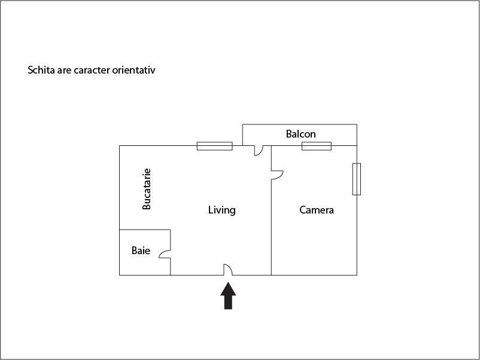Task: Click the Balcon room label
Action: click(300, 134)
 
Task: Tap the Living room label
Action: click(221, 210)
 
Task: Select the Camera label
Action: click(316, 210)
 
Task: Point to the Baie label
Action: click(141, 251)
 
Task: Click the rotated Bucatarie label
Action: click(147, 189)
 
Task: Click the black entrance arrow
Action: click(228, 296)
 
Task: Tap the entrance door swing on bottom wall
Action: click(228, 270)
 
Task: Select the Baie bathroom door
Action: click(165, 254)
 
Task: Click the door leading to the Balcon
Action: click(259, 151)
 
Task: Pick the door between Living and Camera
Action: click(277, 175)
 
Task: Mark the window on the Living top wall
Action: click(215, 146)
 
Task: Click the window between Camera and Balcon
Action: click(317, 146)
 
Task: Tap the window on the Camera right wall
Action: click(357, 179)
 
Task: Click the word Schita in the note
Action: click(41, 70)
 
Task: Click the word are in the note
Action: click(64, 71)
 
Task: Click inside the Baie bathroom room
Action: click(145, 252)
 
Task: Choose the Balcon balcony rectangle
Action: click(300, 135)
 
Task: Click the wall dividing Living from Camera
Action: click(271, 210)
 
